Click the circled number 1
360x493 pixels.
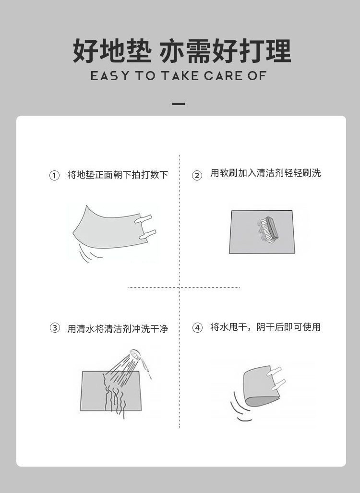[55, 176]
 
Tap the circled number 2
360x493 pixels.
[197, 176]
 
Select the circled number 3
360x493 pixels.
[55, 328]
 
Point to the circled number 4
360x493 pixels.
[197, 328]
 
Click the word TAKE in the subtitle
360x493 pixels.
[180, 76]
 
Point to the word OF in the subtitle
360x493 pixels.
[257, 76]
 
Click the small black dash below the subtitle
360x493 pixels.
[178, 104]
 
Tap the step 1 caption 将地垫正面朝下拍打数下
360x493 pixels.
[118, 175]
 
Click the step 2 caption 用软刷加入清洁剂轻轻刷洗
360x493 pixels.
[265, 174]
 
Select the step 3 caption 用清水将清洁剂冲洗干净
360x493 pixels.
[118, 329]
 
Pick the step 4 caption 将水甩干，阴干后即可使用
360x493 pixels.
[265, 327]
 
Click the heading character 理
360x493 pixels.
[277, 51]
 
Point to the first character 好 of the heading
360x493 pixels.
[85, 51]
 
